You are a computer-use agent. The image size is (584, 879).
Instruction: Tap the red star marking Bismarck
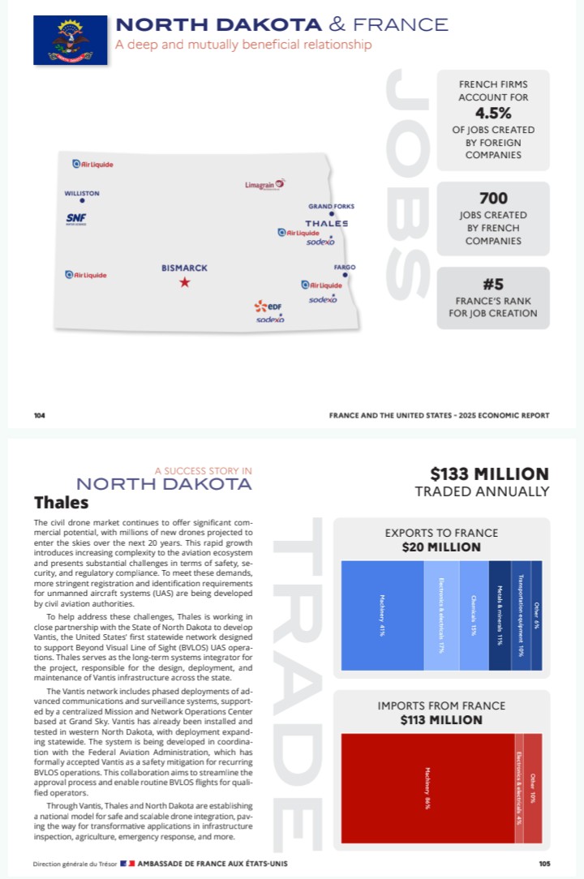tap(185, 282)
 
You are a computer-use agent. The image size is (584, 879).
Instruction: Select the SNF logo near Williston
tap(76, 219)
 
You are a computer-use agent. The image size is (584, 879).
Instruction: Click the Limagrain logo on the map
tap(265, 185)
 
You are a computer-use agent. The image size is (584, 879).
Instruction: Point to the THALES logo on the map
tap(327, 223)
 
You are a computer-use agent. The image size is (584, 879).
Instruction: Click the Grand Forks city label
tap(331, 207)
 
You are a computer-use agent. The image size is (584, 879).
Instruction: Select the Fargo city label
tap(345, 268)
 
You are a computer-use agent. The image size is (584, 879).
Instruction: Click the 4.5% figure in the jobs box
tap(492, 112)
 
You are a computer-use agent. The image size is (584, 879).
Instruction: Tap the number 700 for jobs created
tap(493, 198)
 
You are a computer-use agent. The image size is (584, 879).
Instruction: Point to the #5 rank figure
tap(493, 284)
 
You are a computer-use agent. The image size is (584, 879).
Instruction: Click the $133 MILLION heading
tap(489, 474)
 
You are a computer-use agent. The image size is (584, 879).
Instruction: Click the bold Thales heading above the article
tap(62, 503)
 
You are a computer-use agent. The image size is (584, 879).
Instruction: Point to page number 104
tap(40, 415)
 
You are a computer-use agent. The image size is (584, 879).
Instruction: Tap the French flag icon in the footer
tap(128, 864)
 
